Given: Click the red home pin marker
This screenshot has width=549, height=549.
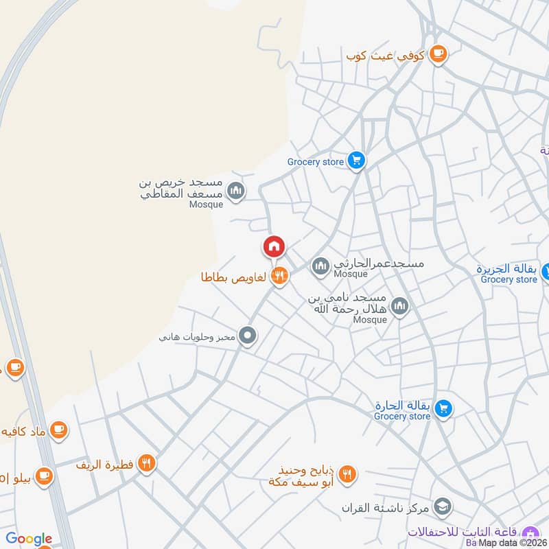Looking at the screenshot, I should pos(274,246).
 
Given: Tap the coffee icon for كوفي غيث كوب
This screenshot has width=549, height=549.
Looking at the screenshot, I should pos(438,54).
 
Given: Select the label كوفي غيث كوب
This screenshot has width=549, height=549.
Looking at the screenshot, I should pos(386,54).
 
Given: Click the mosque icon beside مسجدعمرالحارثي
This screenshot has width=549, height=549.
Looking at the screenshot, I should pos(320,266).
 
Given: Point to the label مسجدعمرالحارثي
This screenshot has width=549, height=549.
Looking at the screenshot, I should pos(379,264).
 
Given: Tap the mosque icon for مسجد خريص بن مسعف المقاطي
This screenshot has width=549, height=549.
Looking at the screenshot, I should pos(235,190).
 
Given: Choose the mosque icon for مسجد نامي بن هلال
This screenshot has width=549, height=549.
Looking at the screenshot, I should pos(399,307).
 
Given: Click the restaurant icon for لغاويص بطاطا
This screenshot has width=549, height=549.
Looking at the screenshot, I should pos(279,276).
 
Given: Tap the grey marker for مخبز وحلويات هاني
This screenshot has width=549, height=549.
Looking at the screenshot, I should pos(248,336).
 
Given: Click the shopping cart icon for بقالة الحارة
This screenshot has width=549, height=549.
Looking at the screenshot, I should pos(443,408).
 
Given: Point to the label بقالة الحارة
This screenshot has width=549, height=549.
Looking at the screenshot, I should pos(403,405).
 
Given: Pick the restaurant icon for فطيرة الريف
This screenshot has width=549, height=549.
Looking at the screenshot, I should pos(145,463).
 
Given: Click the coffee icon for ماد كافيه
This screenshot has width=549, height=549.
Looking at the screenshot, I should pos(59,430).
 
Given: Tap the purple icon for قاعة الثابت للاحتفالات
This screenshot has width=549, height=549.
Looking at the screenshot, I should pos(530,533).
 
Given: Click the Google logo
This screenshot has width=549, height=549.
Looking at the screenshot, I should pos(29,539).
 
